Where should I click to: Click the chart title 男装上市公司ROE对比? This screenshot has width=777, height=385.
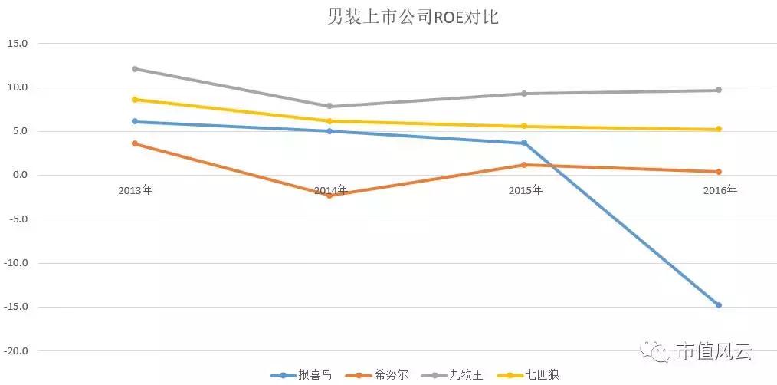[413, 17]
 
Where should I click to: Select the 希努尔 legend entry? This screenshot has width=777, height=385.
[378, 375]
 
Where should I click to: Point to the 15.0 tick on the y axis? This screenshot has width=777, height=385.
[17, 44]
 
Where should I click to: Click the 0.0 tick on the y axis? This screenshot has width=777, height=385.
[19, 175]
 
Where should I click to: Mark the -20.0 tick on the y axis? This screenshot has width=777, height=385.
[17, 351]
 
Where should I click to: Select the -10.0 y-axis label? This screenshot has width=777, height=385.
[17, 263]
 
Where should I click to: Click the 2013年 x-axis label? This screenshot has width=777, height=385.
[135, 190]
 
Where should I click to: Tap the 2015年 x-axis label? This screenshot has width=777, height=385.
[525, 190]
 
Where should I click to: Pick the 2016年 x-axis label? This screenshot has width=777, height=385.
[720, 190]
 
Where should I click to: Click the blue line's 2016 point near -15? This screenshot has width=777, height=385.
[719, 305]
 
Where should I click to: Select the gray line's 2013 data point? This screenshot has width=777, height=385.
[135, 69]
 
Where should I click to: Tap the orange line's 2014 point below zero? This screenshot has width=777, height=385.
[329, 196]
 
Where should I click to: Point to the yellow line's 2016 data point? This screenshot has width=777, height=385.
[719, 130]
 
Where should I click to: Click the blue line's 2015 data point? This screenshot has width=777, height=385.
[524, 143]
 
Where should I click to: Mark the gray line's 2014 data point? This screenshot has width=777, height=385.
[329, 106]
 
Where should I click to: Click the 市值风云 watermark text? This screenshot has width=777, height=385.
[714, 352]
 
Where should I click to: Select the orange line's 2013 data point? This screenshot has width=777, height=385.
[135, 143]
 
